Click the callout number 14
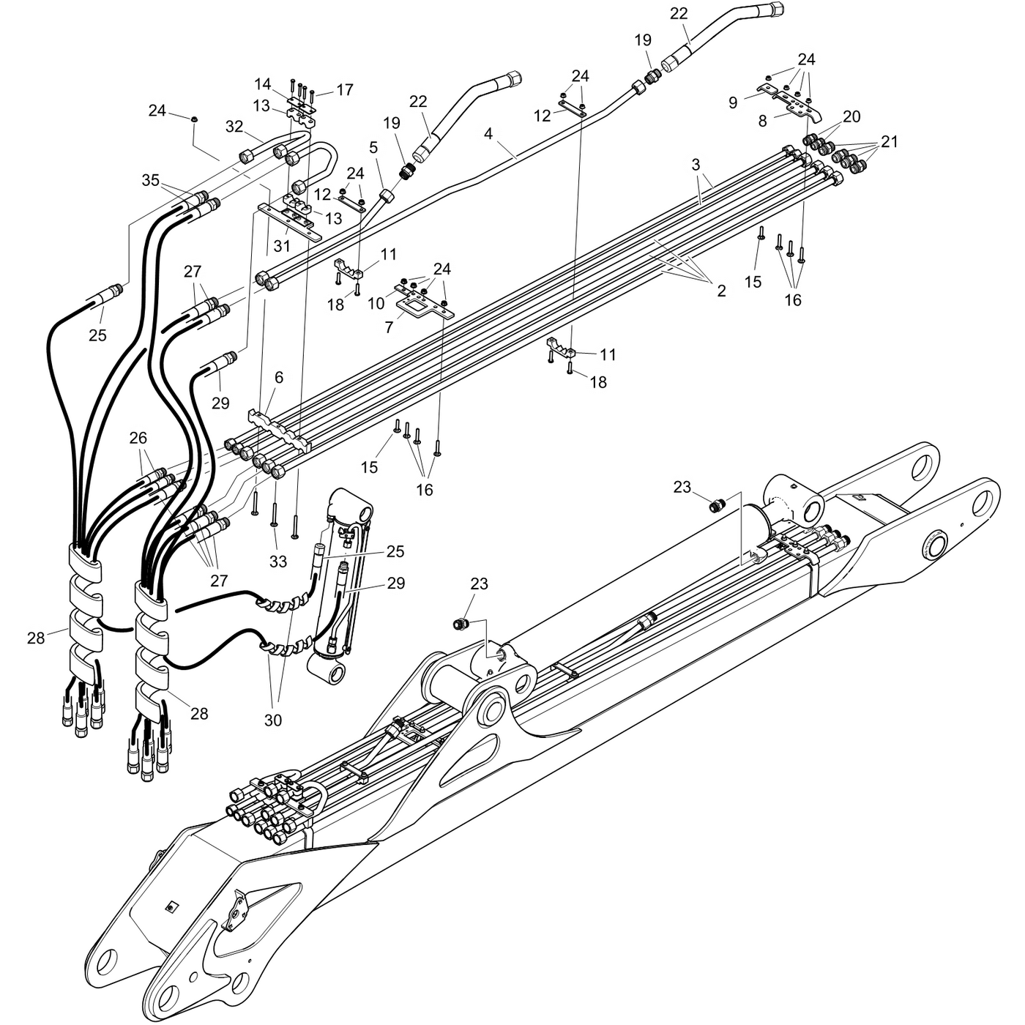click(x=262, y=84)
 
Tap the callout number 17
click(x=345, y=90)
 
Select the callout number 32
click(x=234, y=127)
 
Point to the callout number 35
click(x=151, y=180)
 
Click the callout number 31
click(x=282, y=246)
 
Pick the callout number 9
click(x=732, y=102)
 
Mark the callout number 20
click(x=851, y=116)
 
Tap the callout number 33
click(x=278, y=561)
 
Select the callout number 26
click(x=138, y=438)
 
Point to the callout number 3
click(x=696, y=165)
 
